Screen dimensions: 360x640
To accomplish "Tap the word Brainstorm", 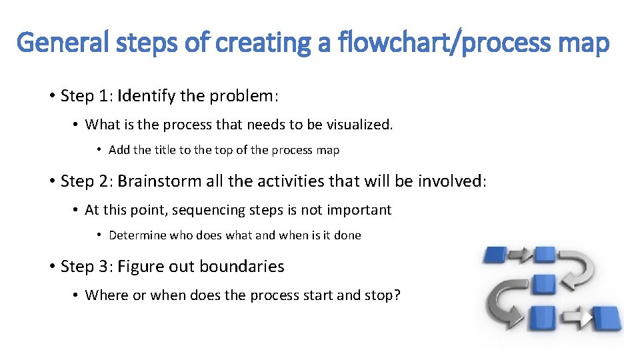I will [x=158, y=181].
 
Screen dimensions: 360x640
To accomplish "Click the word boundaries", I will [x=241, y=267].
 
